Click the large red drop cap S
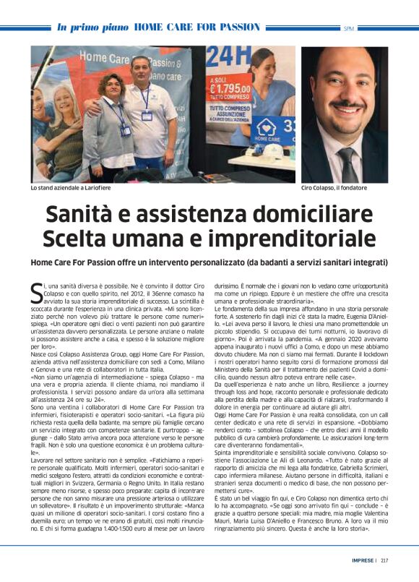pyautogui.click(x=37, y=292)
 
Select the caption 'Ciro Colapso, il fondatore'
pyautogui.click(x=334, y=187)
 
